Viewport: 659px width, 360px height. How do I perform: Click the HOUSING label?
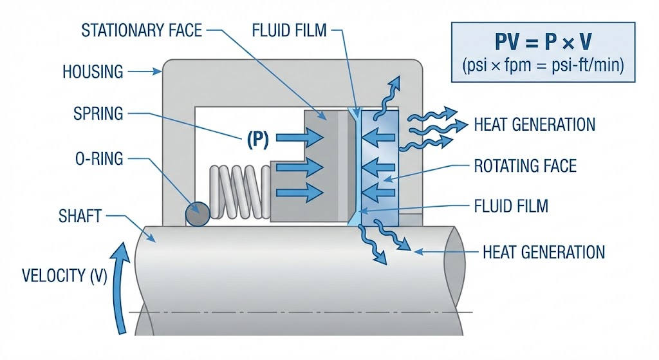93,71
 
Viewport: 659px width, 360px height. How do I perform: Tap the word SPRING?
98,114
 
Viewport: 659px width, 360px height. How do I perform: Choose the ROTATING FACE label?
524,166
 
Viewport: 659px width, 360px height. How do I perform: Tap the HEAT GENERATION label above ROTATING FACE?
534,124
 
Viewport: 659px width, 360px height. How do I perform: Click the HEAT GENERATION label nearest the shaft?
543,251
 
